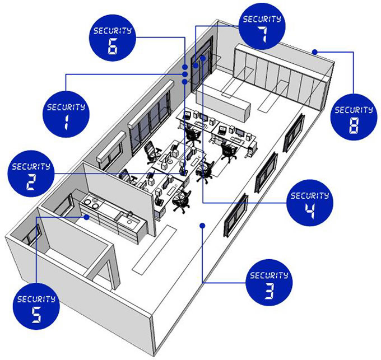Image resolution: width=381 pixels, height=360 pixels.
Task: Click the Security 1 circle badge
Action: pyautogui.click(x=66, y=114)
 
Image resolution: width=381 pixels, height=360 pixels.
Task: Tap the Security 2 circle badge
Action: pyautogui.click(x=31, y=174)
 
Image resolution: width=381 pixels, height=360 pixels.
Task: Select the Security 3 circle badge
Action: pyautogui.click(x=269, y=283)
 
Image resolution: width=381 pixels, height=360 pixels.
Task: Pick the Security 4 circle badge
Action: pyautogui.click(x=310, y=203)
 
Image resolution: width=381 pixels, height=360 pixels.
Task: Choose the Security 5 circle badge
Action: pyautogui.click(x=36, y=306)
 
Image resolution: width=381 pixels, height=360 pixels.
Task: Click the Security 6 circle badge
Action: pyautogui.click(x=113, y=38)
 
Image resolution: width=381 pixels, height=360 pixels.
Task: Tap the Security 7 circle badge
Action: pyautogui.click(x=262, y=26)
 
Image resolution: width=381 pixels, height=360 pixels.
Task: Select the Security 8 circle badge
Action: pyautogui.click(x=354, y=117)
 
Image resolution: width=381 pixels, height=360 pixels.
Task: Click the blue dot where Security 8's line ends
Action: pyautogui.click(x=315, y=52)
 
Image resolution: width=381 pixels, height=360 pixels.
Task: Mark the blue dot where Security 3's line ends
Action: pyautogui.click(x=202, y=226)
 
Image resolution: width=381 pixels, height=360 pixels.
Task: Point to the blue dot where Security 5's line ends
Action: pyautogui.click(x=86, y=217)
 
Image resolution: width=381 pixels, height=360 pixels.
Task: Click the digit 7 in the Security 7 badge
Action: pyautogui.click(x=262, y=34)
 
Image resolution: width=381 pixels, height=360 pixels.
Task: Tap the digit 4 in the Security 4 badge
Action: pyautogui.click(x=310, y=211)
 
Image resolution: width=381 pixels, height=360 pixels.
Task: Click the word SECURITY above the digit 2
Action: pyautogui.click(x=31, y=167)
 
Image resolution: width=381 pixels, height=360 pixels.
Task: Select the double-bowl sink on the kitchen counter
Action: pyautogui.click(x=90, y=203)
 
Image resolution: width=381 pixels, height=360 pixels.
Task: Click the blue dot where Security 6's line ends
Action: pyautogui.click(x=185, y=67)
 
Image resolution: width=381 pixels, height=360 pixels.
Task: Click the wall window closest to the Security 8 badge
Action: pyautogui.click(x=294, y=133)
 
